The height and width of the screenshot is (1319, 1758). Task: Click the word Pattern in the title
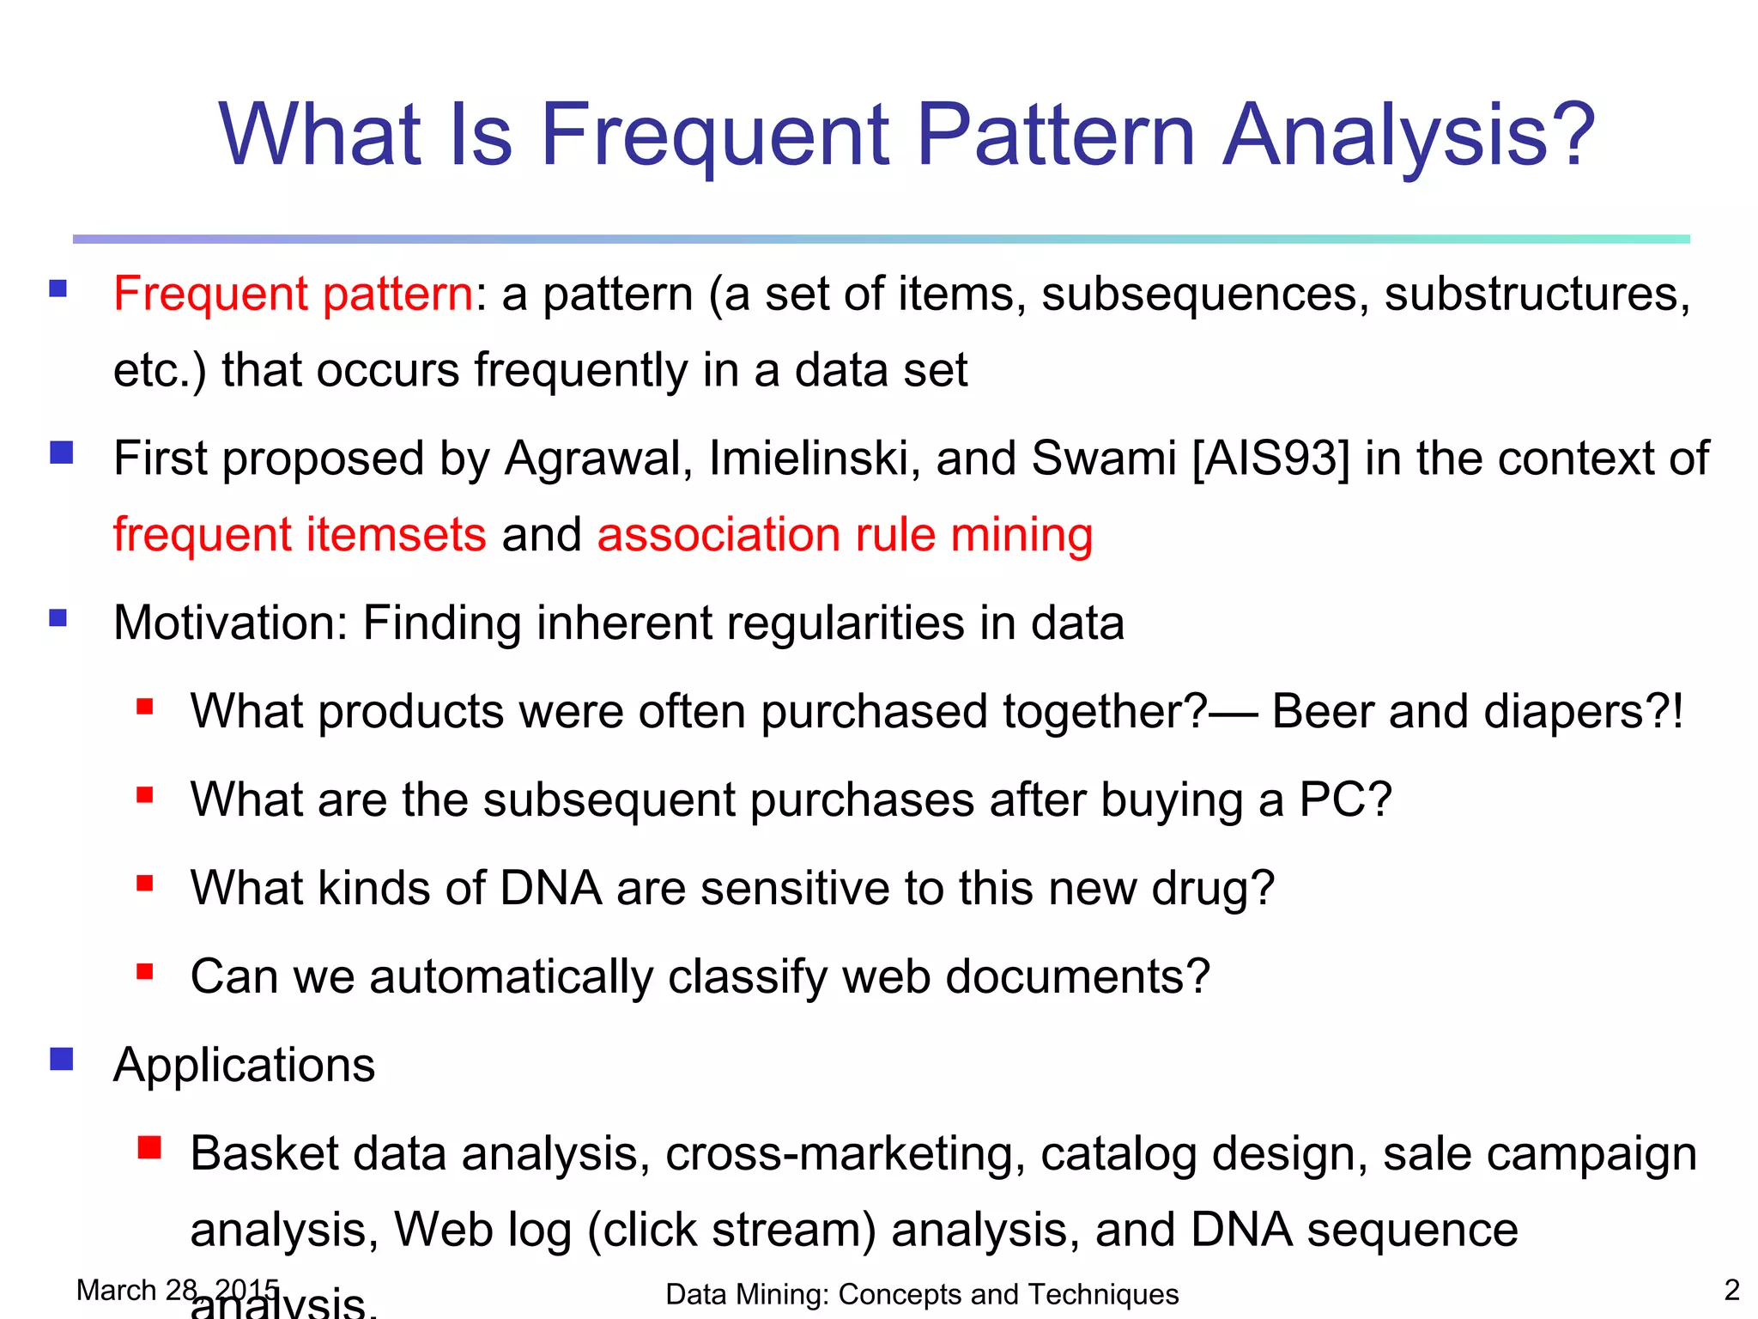pos(1056,135)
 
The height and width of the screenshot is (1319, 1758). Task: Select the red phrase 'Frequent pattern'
pos(293,295)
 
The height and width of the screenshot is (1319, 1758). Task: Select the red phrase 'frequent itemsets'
pos(300,535)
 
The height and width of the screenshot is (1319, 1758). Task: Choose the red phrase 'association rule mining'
pos(845,535)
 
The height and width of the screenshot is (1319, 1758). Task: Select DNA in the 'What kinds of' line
pos(550,889)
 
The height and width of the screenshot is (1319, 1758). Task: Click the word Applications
pos(244,1066)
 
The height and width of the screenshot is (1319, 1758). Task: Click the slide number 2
pos(1731,1290)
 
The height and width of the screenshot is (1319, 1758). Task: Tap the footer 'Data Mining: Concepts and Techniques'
pos(922,1294)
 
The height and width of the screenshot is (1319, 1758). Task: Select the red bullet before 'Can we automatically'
pos(144,972)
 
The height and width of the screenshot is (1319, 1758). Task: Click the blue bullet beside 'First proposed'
pos(61,453)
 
